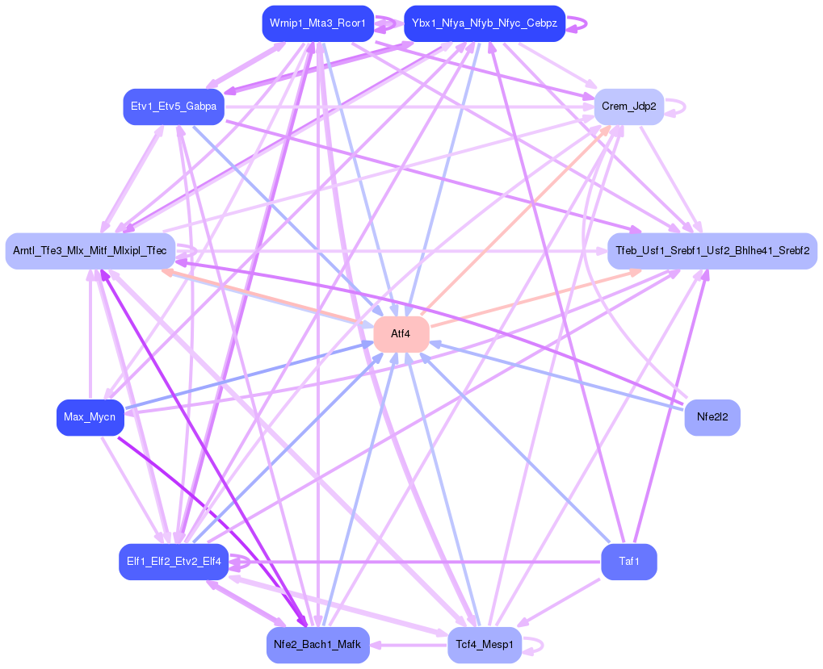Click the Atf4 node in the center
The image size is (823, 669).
tap(401, 334)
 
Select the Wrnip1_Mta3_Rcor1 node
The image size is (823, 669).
tap(317, 23)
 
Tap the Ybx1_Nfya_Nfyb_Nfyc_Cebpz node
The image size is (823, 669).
tap(484, 23)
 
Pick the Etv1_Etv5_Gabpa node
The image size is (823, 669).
tap(174, 107)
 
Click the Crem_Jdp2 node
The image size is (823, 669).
tap(628, 107)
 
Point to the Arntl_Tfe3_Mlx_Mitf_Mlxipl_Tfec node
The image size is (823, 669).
tap(90, 251)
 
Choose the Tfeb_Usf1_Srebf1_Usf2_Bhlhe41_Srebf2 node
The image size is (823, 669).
tap(712, 251)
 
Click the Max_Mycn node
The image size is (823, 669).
tap(90, 417)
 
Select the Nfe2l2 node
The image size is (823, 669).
tap(712, 417)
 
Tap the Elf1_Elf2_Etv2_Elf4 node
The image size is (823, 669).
tap(174, 561)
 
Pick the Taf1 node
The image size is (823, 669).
tap(628, 561)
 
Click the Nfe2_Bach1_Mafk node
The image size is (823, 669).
tap(317, 644)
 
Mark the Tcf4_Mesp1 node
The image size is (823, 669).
tap(484, 644)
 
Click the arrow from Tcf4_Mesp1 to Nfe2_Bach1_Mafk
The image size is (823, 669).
tap(408, 645)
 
